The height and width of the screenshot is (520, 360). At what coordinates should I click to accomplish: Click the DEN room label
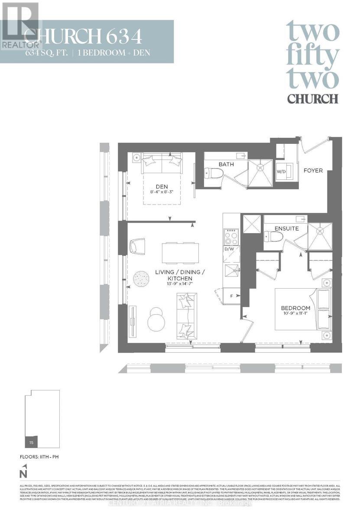click(161, 187)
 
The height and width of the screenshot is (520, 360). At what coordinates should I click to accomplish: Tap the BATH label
click(226, 164)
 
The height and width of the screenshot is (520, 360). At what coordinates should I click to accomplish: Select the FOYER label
click(313, 170)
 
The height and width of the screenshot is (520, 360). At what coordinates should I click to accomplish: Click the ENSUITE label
click(286, 228)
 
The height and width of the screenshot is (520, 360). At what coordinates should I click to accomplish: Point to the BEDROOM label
click(295, 309)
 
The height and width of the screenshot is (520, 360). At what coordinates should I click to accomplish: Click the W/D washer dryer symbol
click(282, 171)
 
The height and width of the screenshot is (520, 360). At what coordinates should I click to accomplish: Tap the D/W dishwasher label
click(228, 249)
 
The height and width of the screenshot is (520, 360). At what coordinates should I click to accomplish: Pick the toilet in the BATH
click(214, 173)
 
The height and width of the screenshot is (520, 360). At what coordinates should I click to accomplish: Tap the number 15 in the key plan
click(31, 442)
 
